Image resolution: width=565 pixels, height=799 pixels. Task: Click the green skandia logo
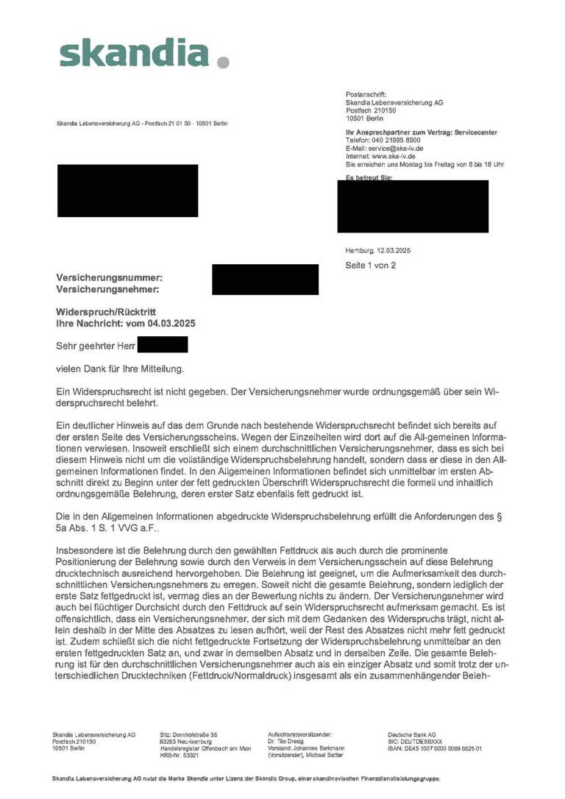pyautogui.click(x=133, y=53)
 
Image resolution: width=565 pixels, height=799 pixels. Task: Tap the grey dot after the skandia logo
pyautogui.click(x=224, y=63)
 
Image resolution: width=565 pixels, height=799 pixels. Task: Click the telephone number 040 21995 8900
pyautogui.click(x=395, y=140)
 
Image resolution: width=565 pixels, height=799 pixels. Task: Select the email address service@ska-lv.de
pyautogui.click(x=396, y=148)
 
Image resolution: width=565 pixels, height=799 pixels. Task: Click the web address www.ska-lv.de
pyautogui.click(x=394, y=156)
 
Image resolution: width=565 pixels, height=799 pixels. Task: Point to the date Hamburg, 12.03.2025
pyautogui.click(x=378, y=250)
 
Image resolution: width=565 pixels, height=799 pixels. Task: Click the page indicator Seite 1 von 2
pyautogui.click(x=371, y=265)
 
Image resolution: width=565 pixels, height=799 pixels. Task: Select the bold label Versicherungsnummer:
pyautogui.click(x=110, y=277)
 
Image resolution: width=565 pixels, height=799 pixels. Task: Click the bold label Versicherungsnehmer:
pyautogui.click(x=107, y=289)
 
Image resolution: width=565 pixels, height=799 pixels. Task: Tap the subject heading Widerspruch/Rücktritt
pyautogui.click(x=106, y=312)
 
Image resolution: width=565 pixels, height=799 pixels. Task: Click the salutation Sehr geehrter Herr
pyautogui.click(x=96, y=345)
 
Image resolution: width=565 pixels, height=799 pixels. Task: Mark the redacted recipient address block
pyautogui.click(x=127, y=191)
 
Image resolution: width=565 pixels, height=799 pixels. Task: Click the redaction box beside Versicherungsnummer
pyautogui.click(x=265, y=280)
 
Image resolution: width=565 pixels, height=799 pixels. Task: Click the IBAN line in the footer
pyautogui.click(x=434, y=748)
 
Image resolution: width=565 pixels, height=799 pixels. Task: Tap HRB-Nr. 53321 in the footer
pyautogui.click(x=180, y=755)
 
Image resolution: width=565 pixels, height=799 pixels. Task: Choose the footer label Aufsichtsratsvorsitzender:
pyautogui.click(x=299, y=734)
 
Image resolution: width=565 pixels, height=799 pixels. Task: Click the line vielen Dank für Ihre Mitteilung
pyautogui.click(x=120, y=368)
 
